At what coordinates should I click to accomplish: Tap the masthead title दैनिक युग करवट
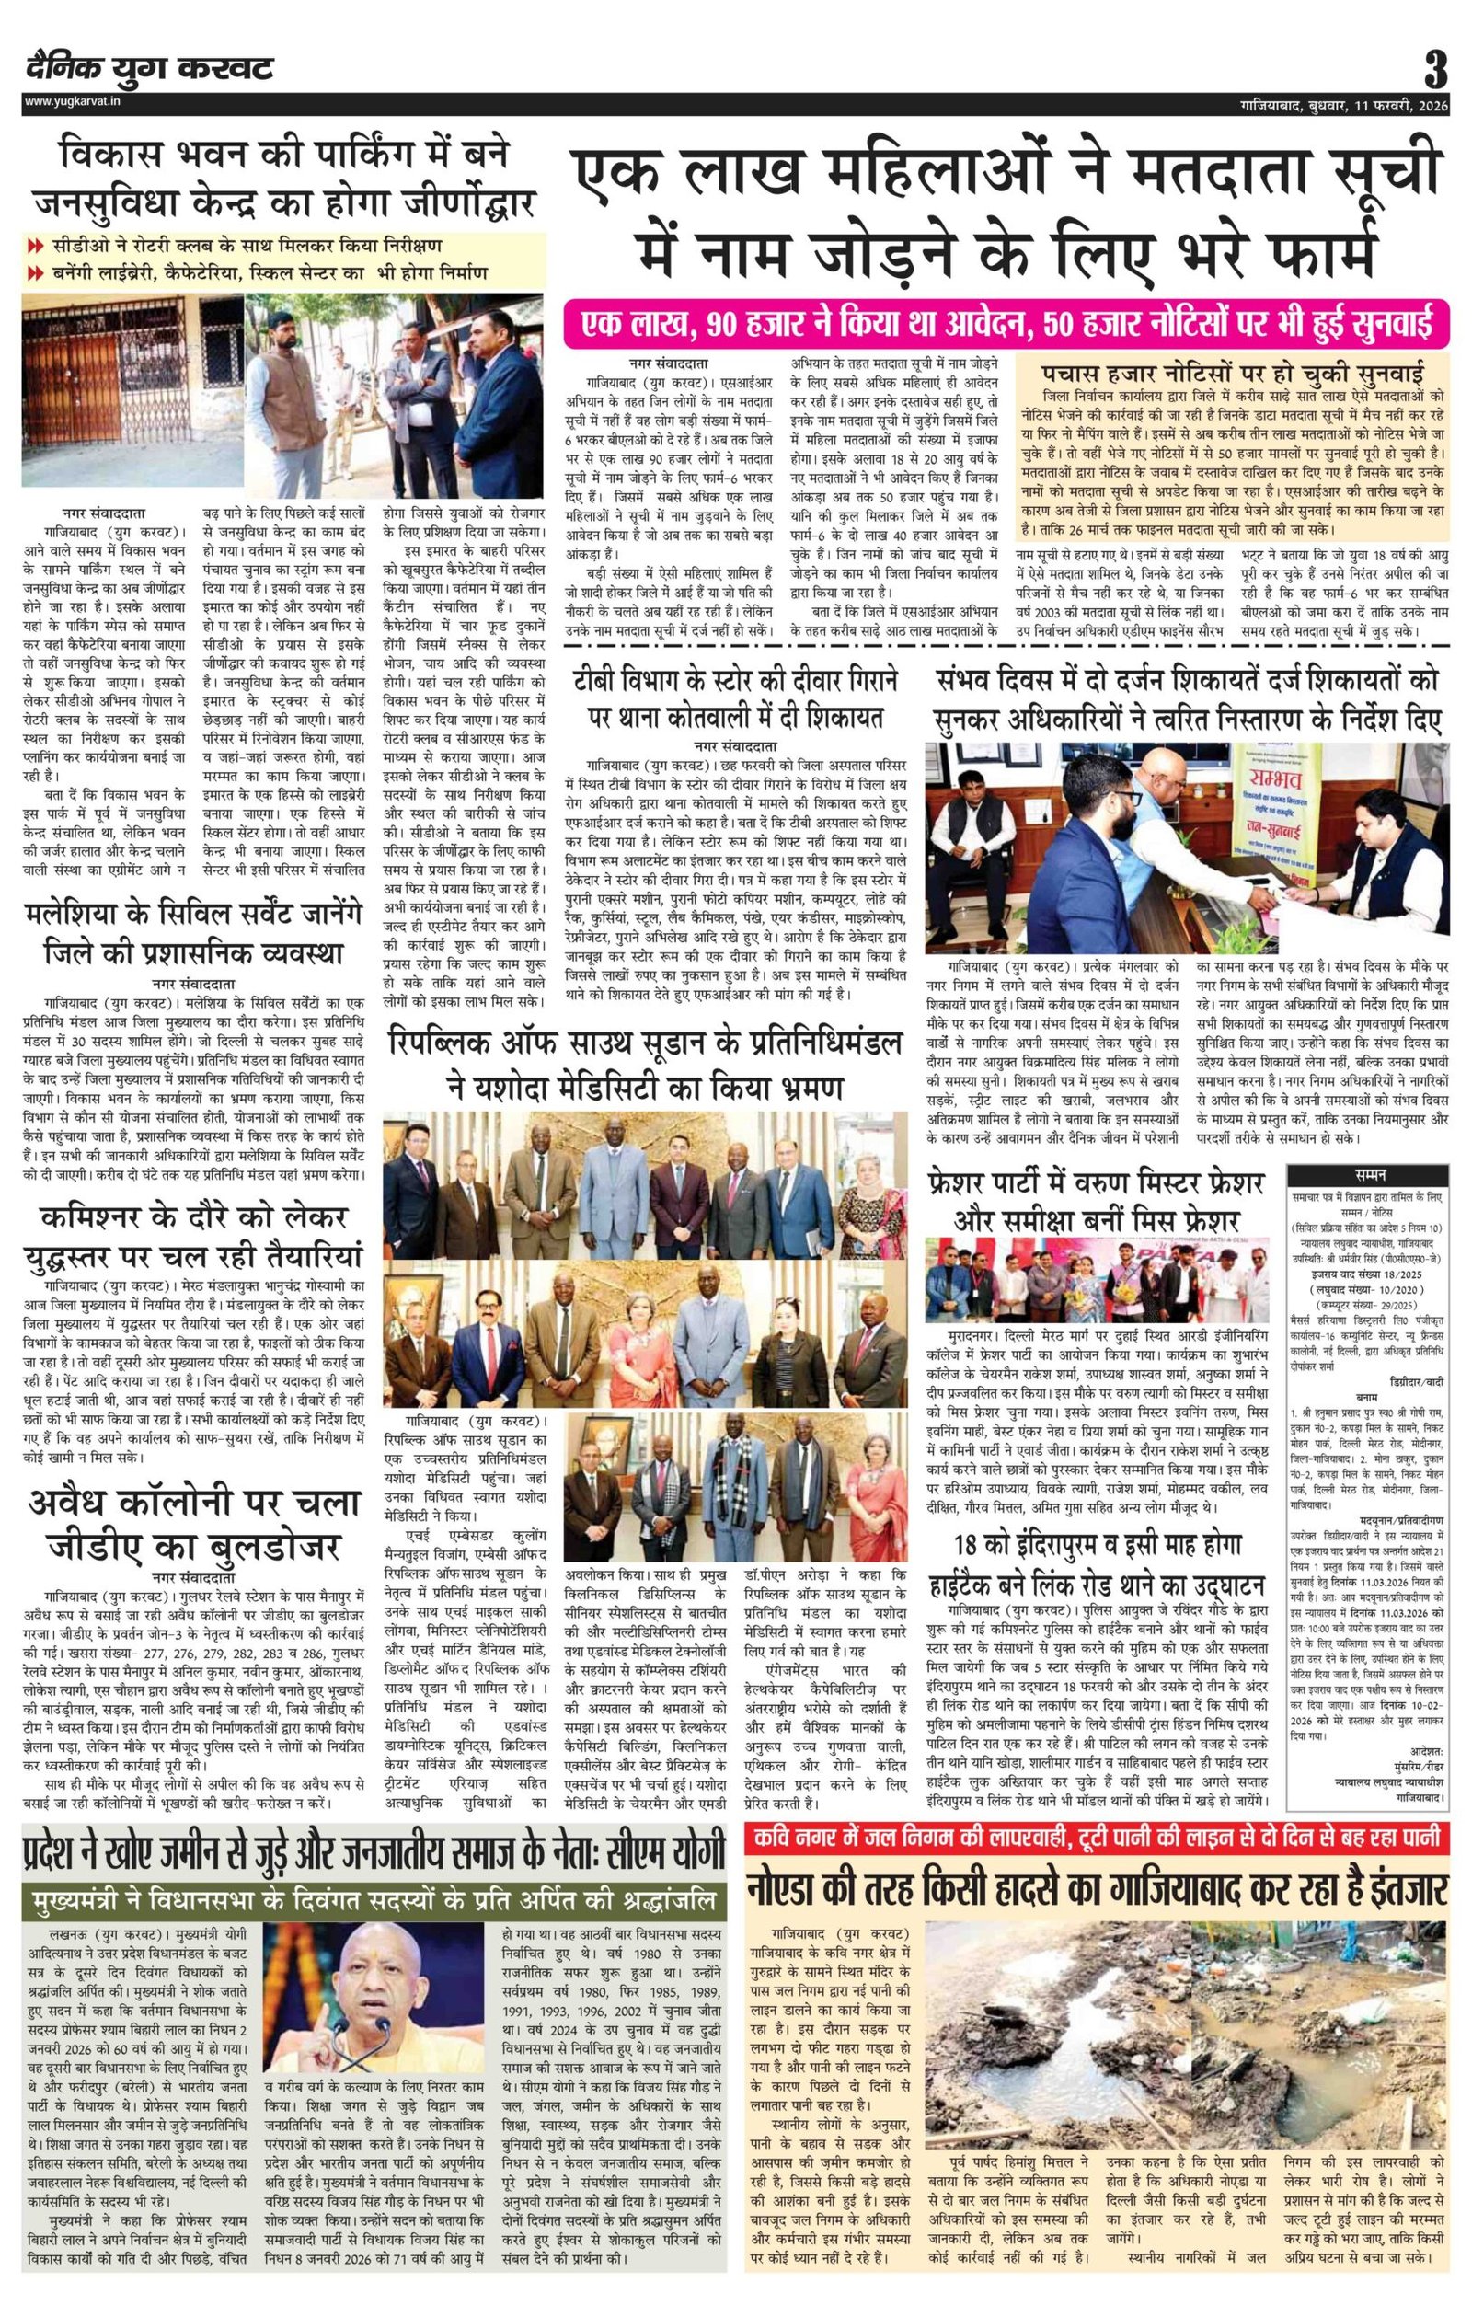click(150, 69)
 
